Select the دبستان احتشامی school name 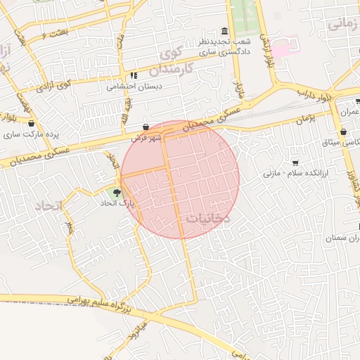click(x=133, y=87)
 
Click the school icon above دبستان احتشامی click(x=133, y=76)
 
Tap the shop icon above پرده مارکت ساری click(x=30, y=122)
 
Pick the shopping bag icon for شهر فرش click(x=146, y=127)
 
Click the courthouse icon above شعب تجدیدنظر click(x=224, y=32)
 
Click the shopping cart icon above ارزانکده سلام click(x=295, y=162)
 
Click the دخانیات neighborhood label click(x=208, y=219)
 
